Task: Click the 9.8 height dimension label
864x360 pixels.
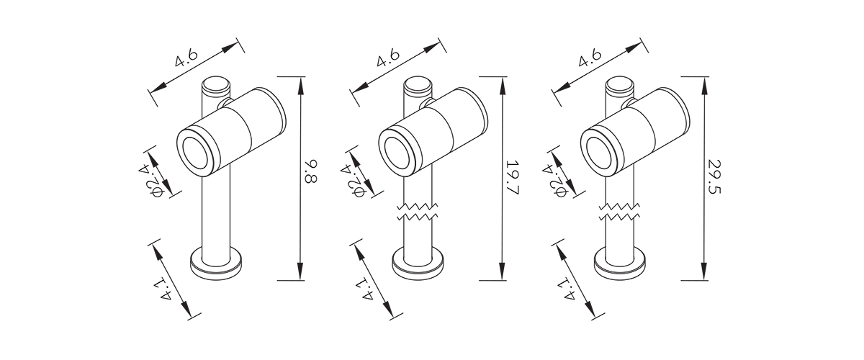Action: pos(310,171)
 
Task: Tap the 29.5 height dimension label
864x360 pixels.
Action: pos(714,177)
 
